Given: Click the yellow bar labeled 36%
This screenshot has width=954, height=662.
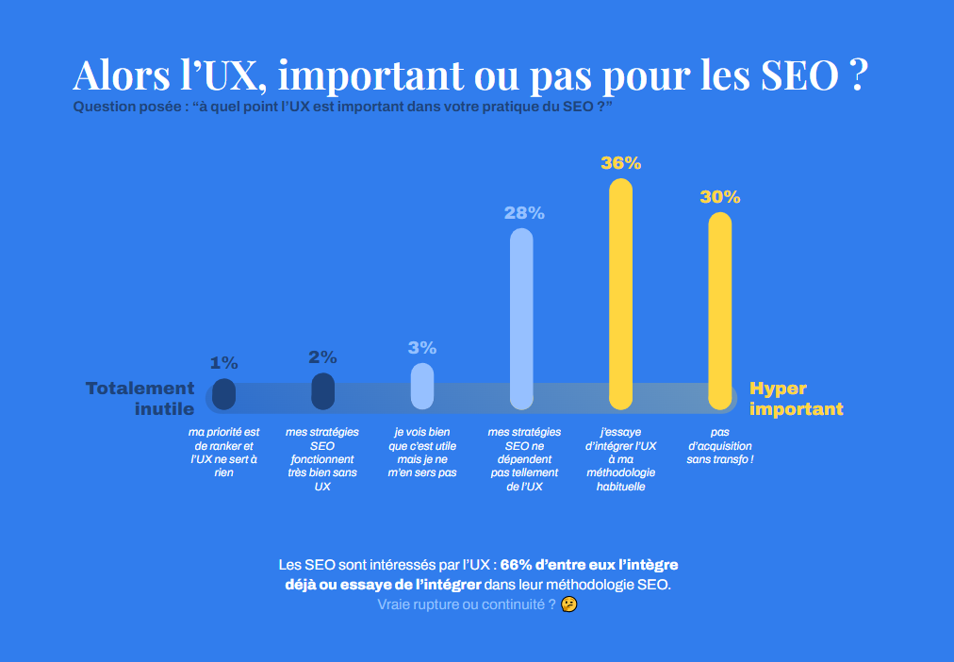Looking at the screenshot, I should tap(620, 292).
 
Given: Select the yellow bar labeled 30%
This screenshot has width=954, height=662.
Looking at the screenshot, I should tap(719, 311).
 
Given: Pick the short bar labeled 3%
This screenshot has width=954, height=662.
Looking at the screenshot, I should tap(422, 386).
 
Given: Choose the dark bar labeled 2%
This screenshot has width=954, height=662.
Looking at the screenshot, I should tap(322, 390).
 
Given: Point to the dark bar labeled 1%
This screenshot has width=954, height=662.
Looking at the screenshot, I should tap(223, 393).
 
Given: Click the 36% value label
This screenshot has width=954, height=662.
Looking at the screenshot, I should tap(620, 163).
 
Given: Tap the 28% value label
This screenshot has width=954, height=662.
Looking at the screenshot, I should tap(524, 213).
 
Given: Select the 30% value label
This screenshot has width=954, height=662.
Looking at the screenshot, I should tap(719, 197).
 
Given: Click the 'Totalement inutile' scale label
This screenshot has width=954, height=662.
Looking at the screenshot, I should tap(140, 398).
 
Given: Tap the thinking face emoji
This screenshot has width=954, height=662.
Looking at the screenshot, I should tap(568, 604).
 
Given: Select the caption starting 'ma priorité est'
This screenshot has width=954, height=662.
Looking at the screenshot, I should tap(223, 452).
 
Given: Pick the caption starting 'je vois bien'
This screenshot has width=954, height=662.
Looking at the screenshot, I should tap(422, 452).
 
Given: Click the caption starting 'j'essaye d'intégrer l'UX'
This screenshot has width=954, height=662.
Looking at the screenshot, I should tap(620, 459).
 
